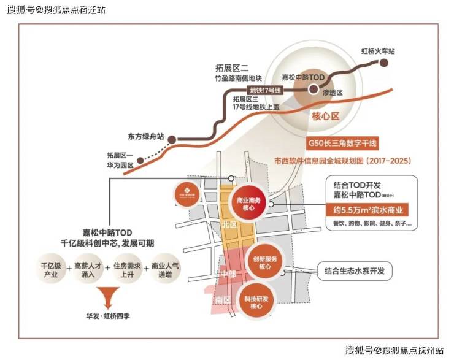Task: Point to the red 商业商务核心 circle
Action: (x=248, y=204)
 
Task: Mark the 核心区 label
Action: (x=326, y=115)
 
